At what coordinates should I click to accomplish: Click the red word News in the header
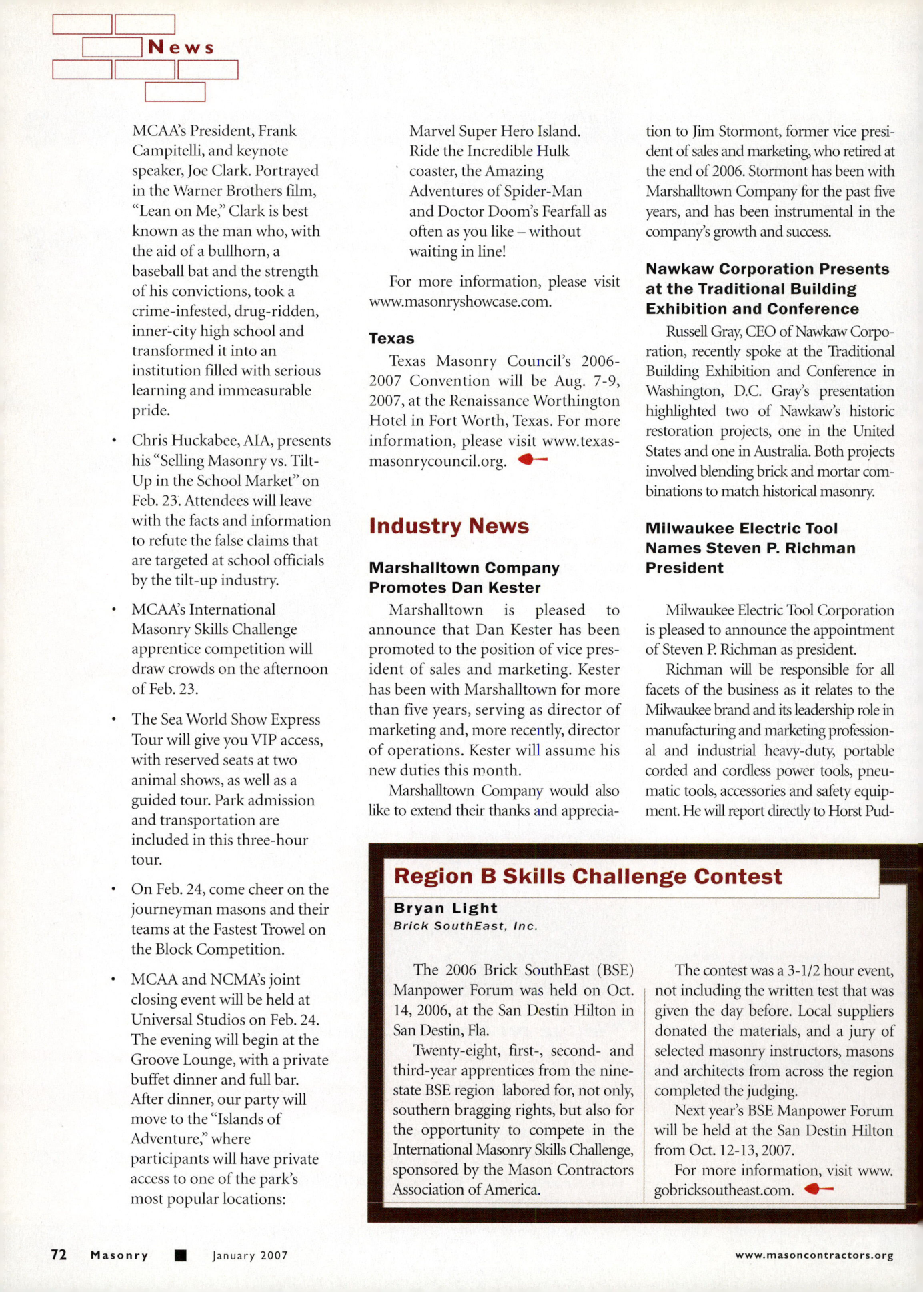coord(181,47)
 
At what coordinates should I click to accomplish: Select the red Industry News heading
coord(449,526)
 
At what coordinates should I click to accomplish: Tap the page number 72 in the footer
coord(59,1255)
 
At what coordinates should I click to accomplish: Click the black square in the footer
coord(180,1255)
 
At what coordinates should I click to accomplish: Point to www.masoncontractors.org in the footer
coord(814,1255)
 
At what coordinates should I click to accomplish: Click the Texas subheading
coord(391,339)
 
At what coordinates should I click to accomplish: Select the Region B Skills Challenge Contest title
coord(588,876)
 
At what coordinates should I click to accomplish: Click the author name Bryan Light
coord(445,908)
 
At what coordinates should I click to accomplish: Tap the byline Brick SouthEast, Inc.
coord(465,926)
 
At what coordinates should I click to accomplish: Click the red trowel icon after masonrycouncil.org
coord(532,459)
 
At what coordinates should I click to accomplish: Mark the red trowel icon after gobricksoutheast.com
coord(818,1189)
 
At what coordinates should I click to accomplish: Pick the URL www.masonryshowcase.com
coord(460,301)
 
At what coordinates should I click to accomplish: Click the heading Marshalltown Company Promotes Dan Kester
coord(464,577)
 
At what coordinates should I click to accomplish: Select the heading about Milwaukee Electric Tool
coord(750,548)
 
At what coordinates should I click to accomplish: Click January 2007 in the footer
coord(250,1255)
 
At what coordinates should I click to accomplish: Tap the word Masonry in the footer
coord(119,1255)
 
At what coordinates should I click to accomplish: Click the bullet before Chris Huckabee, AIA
coord(115,441)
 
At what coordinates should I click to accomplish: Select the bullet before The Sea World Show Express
coord(115,719)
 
